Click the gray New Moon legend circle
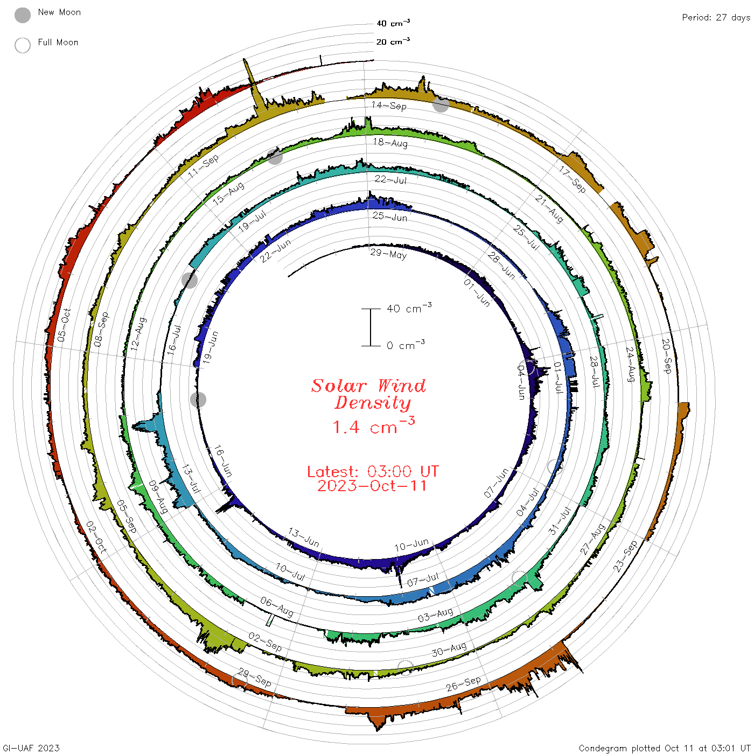(x=23, y=15)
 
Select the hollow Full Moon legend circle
(x=23, y=45)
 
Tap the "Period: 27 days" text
(x=716, y=18)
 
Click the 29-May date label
(x=388, y=254)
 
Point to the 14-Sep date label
(x=388, y=106)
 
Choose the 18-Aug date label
(x=390, y=143)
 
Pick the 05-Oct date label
(x=64, y=325)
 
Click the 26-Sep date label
(x=463, y=683)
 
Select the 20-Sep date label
(x=666, y=356)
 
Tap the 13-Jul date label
(x=191, y=479)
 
